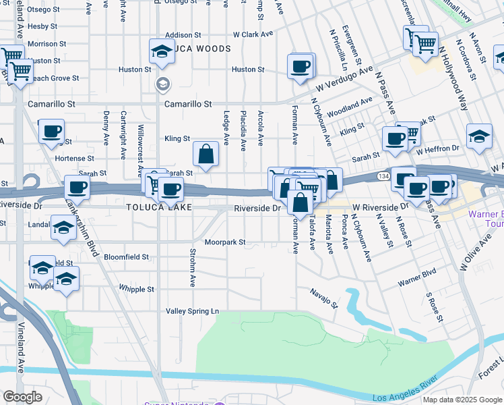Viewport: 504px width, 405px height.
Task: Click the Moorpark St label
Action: [x=224, y=242]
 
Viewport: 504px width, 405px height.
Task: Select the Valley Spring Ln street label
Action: [x=193, y=311]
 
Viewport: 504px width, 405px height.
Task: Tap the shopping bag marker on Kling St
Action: [x=206, y=155]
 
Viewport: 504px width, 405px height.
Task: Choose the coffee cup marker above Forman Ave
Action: [x=300, y=66]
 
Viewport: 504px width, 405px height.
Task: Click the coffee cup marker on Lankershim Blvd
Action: [x=77, y=187]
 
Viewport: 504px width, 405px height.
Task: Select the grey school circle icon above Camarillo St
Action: [x=162, y=84]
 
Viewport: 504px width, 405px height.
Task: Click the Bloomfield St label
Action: [x=126, y=257]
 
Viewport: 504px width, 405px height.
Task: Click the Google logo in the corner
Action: [x=23, y=397]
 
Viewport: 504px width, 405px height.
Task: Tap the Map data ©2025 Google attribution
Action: [x=462, y=400]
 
